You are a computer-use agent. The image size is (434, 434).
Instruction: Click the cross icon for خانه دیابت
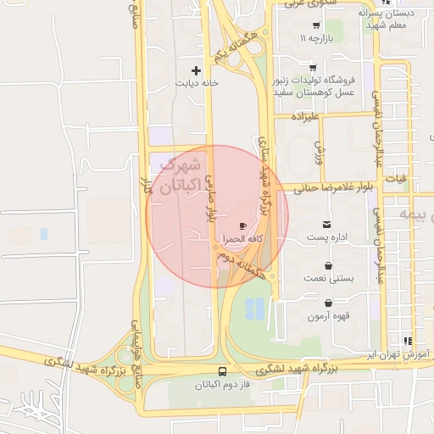pyautogui.click(x=197, y=70)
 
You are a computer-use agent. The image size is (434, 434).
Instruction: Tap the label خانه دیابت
pyautogui.click(x=197, y=83)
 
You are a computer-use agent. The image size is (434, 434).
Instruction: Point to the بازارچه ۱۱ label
pyautogui.click(x=315, y=38)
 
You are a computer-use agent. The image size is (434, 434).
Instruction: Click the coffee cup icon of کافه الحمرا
pyautogui.click(x=244, y=226)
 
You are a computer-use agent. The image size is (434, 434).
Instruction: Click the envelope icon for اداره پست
pyautogui.click(x=327, y=225)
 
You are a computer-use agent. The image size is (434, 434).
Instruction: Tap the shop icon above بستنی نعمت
pyautogui.click(x=327, y=265)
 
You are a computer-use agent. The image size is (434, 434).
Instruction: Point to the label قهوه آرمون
pyautogui.click(x=327, y=316)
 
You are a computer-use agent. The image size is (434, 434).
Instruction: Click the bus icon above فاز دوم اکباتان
pyautogui.click(x=223, y=371)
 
